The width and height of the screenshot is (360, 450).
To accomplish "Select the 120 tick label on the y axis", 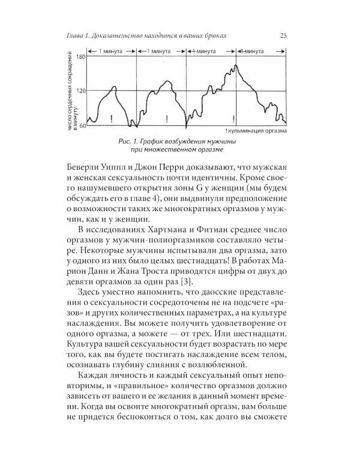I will point(80,91).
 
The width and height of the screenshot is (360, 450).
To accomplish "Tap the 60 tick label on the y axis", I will point(82,125).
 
